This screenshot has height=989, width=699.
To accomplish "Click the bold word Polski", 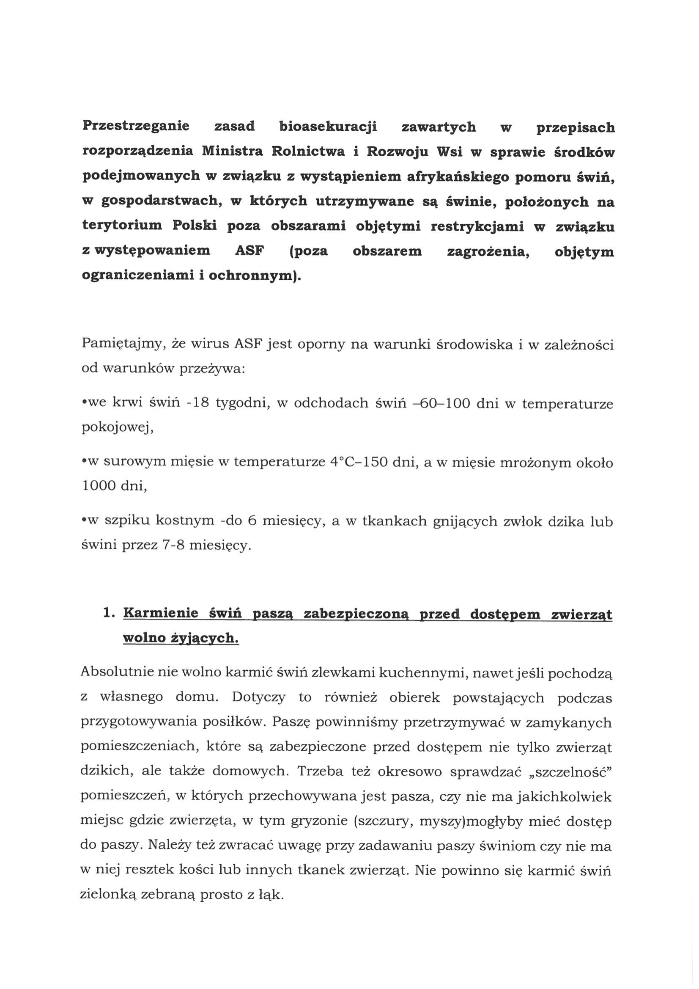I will [x=195, y=226].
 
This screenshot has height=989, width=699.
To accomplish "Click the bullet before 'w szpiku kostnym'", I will [x=83, y=521].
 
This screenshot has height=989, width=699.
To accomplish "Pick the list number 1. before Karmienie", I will [x=108, y=613].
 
